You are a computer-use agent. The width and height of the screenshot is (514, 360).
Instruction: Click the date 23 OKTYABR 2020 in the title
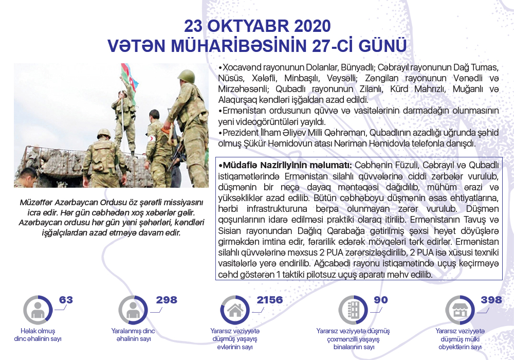point(257,26)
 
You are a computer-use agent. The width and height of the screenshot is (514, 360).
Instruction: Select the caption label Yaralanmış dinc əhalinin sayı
point(133,335)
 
